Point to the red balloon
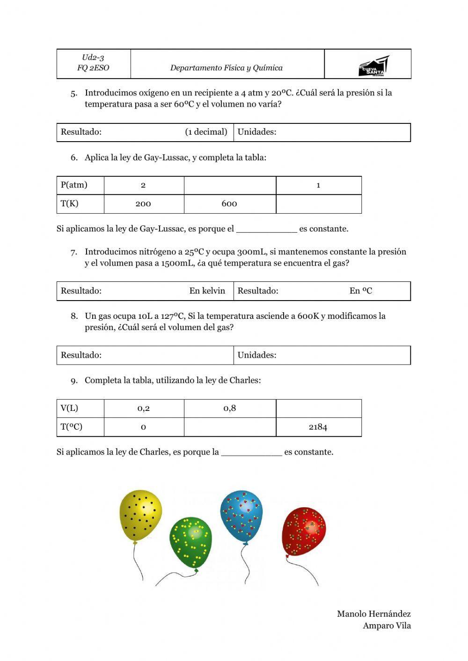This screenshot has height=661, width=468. (x=304, y=532)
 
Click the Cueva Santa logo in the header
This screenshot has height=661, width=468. (x=373, y=66)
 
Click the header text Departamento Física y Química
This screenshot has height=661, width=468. (x=226, y=68)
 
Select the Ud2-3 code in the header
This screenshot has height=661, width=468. (x=93, y=57)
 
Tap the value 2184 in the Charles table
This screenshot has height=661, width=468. (x=318, y=427)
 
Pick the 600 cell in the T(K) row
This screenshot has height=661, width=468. (x=229, y=204)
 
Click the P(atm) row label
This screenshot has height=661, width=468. (x=74, y=185)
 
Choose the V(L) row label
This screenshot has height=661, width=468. (x=69, y=408)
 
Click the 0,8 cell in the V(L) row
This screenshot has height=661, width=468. (x=229, y=408)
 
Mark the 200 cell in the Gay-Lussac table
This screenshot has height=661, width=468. (x=143, y=204)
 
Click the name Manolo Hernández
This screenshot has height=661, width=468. (x=373, y=614)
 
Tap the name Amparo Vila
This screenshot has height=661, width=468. (x=387, y=626)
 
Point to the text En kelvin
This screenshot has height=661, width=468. (x=207, y=291)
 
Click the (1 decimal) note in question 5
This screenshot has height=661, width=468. (x=206, y=132)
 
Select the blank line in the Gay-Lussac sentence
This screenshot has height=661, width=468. (x=266, y=230)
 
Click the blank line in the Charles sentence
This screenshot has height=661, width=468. (x=251, y=453)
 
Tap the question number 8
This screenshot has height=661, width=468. (x=74, y=316)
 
